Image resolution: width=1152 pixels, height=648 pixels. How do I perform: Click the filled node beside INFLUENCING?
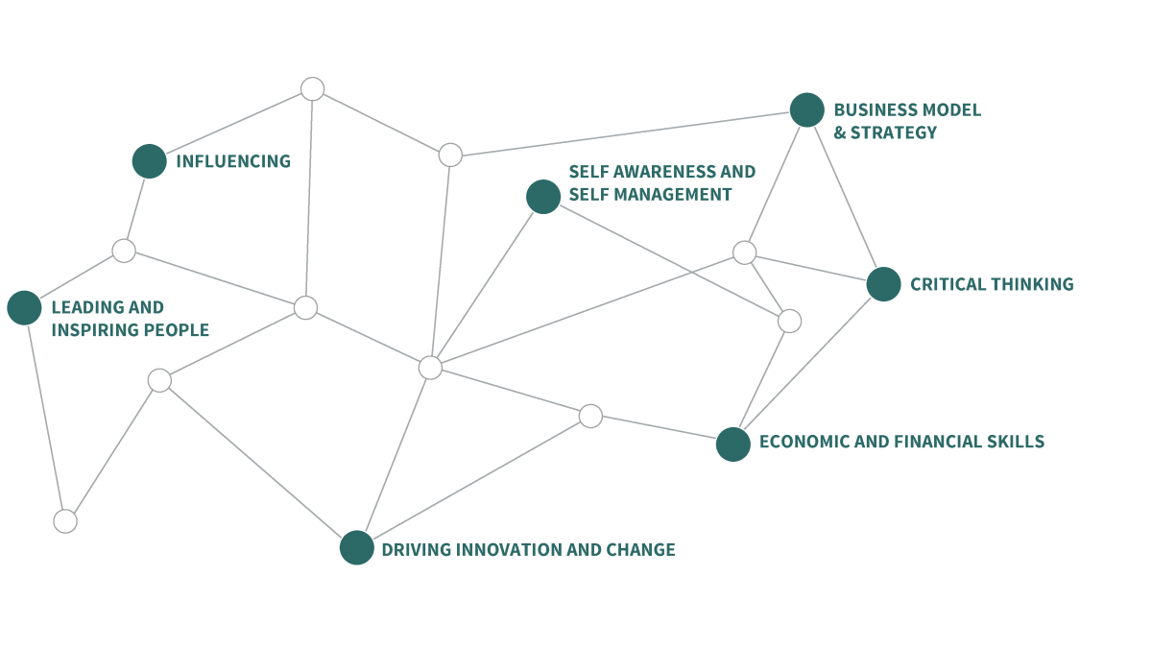click(149, 161)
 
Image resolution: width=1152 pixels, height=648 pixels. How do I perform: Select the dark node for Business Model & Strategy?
click(807, 109)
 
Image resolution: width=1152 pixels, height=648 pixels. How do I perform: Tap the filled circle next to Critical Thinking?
click(883, 284)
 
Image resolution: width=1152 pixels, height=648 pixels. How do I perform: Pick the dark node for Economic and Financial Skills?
click(732, 444)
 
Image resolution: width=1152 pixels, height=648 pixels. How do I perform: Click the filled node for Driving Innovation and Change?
click(357, 548)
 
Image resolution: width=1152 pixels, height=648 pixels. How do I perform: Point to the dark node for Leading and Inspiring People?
click(24, 307)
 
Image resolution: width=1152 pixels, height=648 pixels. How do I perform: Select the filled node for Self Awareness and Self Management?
click(543, 197)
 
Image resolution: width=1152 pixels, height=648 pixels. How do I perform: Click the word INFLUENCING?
click(233, 161)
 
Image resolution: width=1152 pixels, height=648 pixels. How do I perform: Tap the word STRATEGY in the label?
click(894, 132)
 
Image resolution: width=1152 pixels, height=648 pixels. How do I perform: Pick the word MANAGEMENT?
click(673, 194)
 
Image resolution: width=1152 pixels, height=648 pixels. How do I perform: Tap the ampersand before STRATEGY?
click(840, 132)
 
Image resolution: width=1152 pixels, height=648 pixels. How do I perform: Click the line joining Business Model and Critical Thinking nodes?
click(845, 197)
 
